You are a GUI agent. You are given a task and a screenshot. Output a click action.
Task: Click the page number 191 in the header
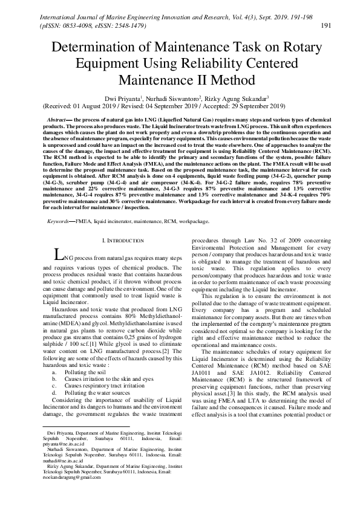tap(325, 25)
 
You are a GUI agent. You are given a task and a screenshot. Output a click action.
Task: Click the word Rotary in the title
tap(286, 48)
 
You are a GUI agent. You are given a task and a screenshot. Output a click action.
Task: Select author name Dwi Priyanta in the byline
tap(122, 98)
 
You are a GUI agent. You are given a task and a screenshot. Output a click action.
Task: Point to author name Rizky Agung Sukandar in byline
tap(237, 98)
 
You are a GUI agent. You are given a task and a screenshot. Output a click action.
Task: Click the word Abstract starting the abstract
tap(57, 121)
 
